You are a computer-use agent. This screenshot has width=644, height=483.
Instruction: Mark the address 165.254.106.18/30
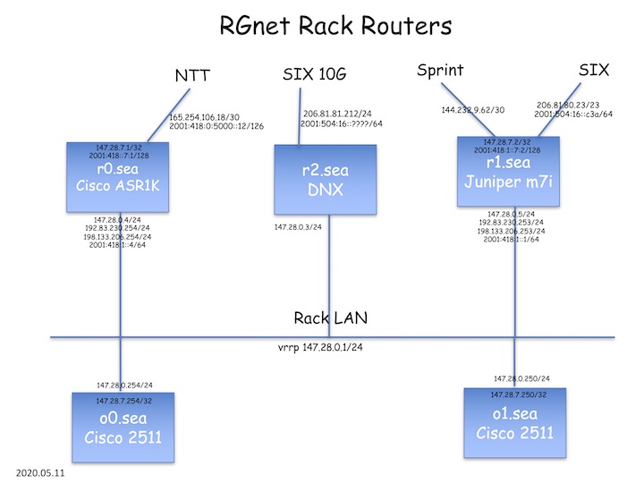point(204,116)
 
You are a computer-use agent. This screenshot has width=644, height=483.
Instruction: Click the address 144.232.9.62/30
point(472,111)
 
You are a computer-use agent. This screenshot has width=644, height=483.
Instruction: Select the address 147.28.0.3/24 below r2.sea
point(300,227)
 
